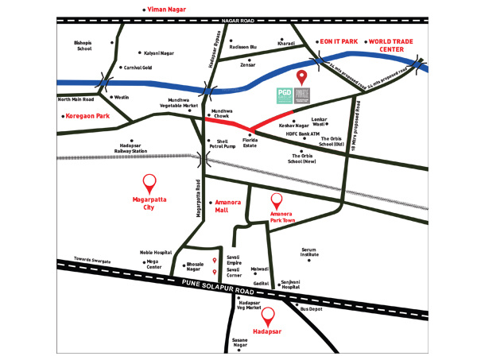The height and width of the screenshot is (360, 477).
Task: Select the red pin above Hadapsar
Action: [269, 314]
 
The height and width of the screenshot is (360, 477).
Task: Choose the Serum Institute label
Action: [310, 253]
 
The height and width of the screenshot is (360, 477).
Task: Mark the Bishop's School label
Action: [83, 45]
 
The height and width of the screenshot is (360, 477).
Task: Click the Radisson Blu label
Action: [243, 47]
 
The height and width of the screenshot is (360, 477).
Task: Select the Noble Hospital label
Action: [156, 251]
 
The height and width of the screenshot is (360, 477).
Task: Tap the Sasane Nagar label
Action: [240, 343]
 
